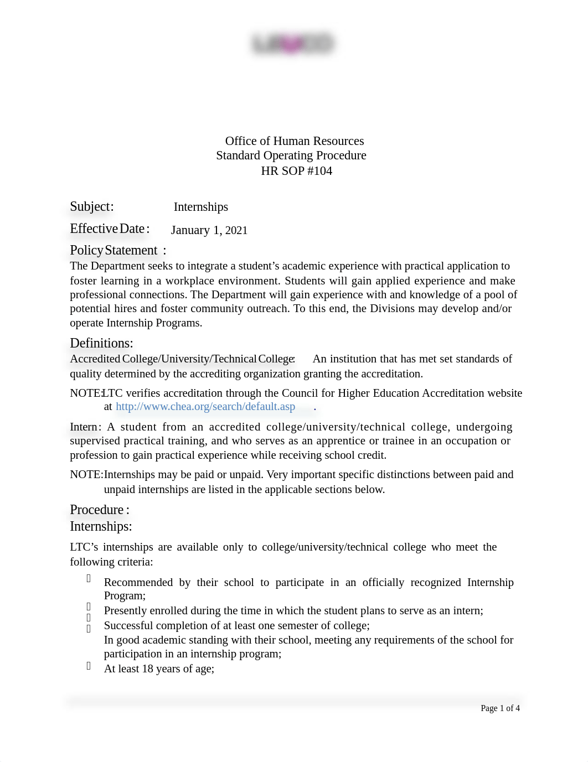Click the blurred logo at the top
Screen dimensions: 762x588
tap(292, 44)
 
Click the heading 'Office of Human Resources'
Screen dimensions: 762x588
tap(294, 141)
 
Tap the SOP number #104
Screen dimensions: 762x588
tap(319, 171)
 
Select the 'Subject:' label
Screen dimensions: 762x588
tap(92, 207)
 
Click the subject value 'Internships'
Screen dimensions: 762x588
tap(200, 207)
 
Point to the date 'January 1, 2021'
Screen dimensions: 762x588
tap(209, 230)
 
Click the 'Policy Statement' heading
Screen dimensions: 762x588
tap(114, 251)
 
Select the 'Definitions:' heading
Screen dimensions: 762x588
tap(101, 343)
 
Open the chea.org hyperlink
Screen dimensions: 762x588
tap(205, 407)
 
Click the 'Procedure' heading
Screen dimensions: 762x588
tap(97, 510)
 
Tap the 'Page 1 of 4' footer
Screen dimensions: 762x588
tap(500, 708)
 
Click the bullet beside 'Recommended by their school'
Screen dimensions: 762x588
tap(89, 578)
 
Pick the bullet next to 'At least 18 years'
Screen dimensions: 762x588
tap(89, 666)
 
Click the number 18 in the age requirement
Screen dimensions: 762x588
tap(147, 669)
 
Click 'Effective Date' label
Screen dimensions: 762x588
tap(107, 229)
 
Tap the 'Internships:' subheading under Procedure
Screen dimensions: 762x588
tap(101, 526)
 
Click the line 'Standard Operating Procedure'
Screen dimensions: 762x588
tap(291, 155)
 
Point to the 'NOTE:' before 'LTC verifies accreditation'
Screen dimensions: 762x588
tap(86, 393)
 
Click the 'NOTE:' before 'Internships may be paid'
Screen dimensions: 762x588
tap(86, 475)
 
